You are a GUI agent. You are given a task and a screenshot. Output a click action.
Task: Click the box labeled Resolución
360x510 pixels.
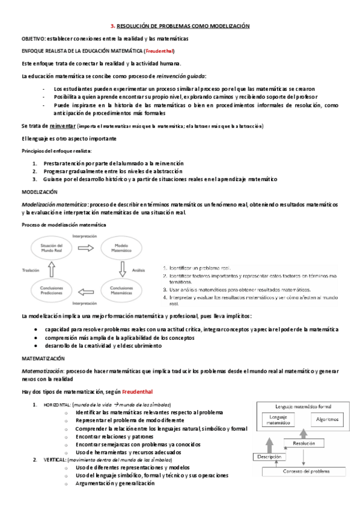click(x=304, y=443)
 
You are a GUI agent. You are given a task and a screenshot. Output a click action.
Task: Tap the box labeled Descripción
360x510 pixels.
click(x=269, y=457)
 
